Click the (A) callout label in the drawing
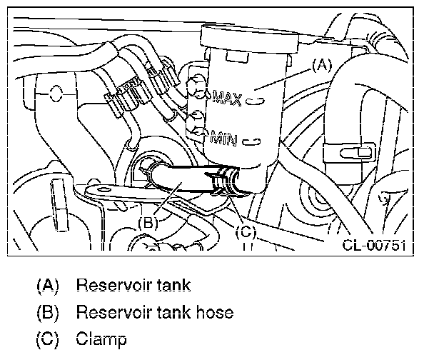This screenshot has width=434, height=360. tap(322, 66)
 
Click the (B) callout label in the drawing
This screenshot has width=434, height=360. tap(148, 223)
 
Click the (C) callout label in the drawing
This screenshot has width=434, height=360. tap(246, 232)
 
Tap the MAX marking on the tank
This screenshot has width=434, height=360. tap(227, 98)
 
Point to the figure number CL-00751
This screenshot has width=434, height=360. tap(375, 245)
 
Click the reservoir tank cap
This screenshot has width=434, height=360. tap(250, 39)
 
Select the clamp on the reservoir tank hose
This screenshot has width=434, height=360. tap(226, 181)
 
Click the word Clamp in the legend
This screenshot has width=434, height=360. tap(101, 339)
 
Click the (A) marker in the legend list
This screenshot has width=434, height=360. tap(48, 285)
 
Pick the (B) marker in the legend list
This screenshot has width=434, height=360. tap(48, 312)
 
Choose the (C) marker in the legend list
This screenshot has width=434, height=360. tap(48, 339)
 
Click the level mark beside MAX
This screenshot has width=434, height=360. tap(256, 101)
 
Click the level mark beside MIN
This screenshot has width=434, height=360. tap(251, 141)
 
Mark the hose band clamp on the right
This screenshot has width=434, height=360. tap(349, 153)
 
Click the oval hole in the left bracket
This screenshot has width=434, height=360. tap(56, 94)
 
